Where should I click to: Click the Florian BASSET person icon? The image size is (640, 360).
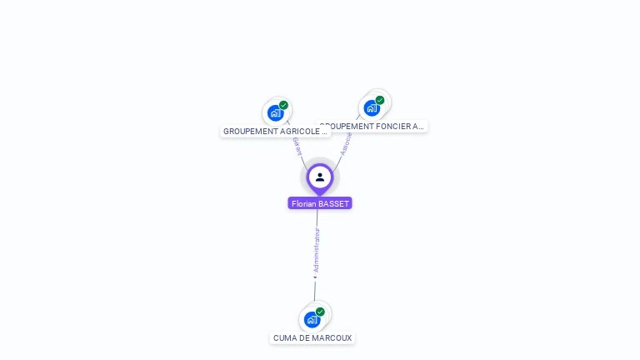tap(320, 177)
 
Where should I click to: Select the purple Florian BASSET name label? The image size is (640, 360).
tap(320, 203)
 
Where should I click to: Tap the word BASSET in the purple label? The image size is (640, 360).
tap(332, 203)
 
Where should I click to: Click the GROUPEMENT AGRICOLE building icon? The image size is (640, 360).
tap(275, 113)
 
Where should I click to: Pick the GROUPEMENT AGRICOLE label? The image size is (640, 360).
tap(275, 132)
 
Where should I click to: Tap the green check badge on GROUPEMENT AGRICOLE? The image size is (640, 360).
tap(284, 105)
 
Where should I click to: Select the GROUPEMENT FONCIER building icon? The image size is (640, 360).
tap(372, 108)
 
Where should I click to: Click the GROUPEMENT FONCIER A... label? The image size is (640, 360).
tap(373, 127)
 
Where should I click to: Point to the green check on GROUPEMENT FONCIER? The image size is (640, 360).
tap(380, 100)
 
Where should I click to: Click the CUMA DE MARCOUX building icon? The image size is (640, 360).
tap(312, 319)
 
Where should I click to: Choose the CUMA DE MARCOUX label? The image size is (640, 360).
tap(312, 338)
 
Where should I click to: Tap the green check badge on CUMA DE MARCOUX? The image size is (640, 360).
tap(320, 312)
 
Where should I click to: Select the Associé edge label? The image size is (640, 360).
tap(345, 143)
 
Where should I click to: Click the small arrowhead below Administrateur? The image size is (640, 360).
tap(315, 277)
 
